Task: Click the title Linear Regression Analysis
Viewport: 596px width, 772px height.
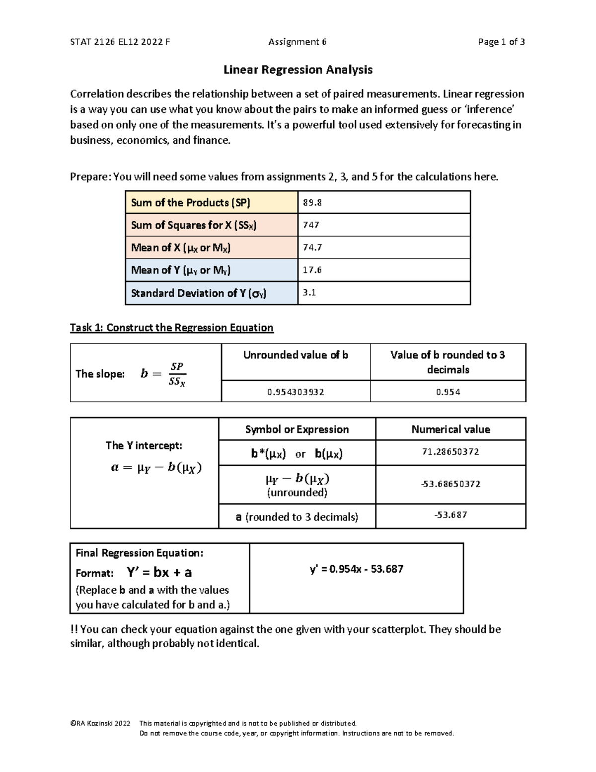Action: (x=298, y=70)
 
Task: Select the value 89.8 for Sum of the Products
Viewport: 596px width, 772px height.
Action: (x=312, y=202)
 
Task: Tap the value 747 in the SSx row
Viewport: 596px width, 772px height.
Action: (x=311, y=225)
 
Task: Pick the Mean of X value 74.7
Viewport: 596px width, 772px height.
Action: (x=312, y=248)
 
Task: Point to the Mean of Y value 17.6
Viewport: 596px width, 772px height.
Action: (x=312, y=270)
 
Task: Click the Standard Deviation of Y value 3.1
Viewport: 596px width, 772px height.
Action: (x=309, y=293)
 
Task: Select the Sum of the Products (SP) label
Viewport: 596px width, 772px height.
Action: (x=190, y=202)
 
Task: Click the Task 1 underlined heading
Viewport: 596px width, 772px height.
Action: (x=171, y=328)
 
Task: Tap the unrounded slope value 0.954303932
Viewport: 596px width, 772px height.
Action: (x=296, y=392)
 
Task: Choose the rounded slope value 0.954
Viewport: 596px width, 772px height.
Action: (x=448, y=392)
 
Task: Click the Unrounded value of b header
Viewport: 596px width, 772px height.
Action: (x=296, y=355)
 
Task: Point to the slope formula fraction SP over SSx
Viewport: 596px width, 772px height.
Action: (x=177, y=374)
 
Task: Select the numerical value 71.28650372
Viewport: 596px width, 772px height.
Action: (x=450, y=452)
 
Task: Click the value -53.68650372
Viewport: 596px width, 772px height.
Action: (x=450, y=484)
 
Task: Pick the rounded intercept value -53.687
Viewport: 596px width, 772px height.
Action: (x=450, y=515)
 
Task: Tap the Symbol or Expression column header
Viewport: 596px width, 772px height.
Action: (x=297, y=429)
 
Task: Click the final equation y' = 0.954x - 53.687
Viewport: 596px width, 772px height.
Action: (x=356, y=569)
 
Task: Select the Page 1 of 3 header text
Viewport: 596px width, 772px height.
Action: (x=501, y=42)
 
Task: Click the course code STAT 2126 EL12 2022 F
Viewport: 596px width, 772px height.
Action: (x=120, y=42)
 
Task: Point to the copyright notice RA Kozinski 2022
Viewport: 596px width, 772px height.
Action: (x=100, y=723)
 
